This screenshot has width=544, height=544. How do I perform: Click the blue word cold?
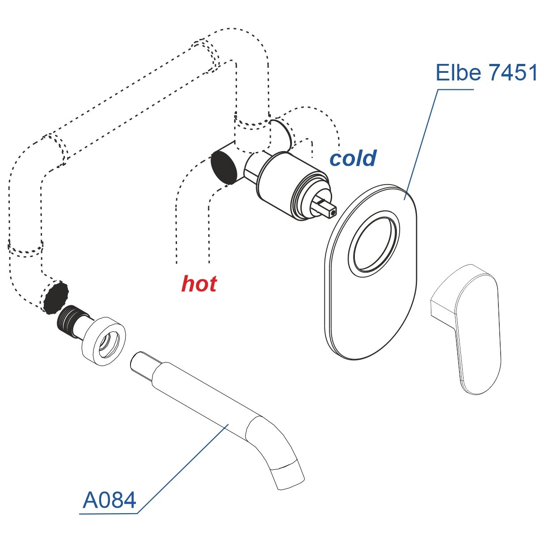(353, 158)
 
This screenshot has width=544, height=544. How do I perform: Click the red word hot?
(199, 284)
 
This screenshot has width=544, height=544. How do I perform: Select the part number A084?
(110, 500)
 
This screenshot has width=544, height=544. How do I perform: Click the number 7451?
(512, 72)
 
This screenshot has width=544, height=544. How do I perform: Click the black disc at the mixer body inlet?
(224, 167)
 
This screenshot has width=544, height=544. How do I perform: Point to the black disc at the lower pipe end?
(56, 297)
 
